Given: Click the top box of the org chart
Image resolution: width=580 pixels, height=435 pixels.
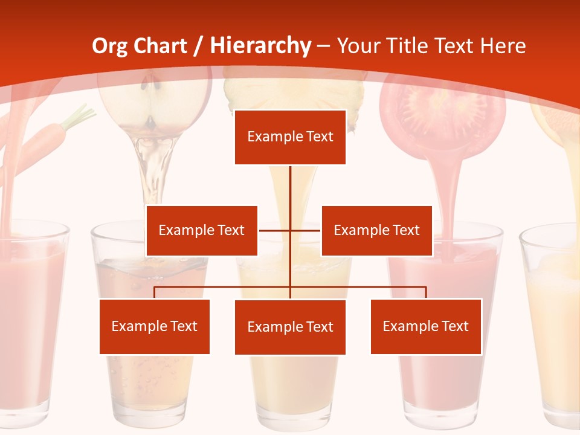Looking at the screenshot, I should [x=290, y=137].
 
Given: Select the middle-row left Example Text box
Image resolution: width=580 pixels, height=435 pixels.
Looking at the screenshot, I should [x=202, y=231].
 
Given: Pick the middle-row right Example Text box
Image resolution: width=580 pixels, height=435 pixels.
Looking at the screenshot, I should [x=376, y=231].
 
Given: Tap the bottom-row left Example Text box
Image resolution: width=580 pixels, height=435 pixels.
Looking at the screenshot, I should [x=154, y=326].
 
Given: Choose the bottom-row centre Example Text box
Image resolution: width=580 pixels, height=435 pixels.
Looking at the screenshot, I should [x=290, y=327].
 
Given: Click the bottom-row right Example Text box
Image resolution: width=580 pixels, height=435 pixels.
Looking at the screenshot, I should [x=425, y=326].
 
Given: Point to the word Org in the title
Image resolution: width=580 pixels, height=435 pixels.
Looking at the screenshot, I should [x=109, y=46].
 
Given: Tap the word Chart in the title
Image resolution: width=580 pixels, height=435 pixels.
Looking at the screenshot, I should [x=160, y=46].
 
